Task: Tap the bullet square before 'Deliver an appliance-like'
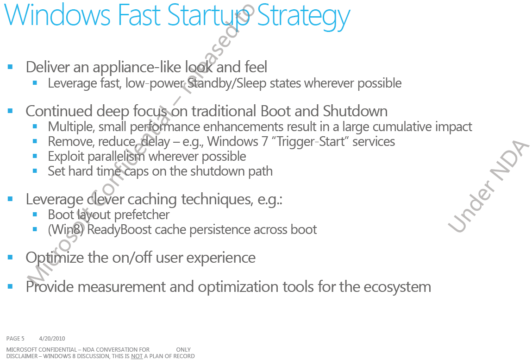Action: tap(10, 67)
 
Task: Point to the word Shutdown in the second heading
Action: tap(355, 111)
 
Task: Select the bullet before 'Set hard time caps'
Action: tap(35, 171)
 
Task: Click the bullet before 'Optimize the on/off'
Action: tap(10, 258)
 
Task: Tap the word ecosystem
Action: tap(397, 287)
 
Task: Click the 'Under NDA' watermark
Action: tap(488, 186)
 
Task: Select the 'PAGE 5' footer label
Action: tap(15, 339)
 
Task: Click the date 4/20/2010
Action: tap(52, 339)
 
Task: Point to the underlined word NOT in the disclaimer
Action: tap(137, 356)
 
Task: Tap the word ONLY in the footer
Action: tap(183, 350)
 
